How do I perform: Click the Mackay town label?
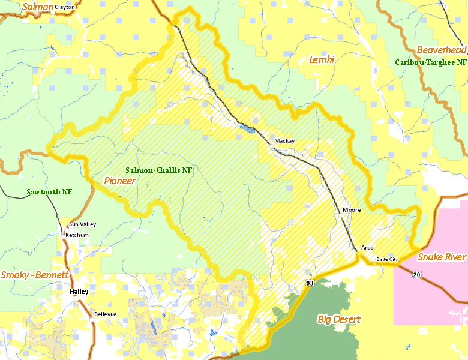(x=284, y=141)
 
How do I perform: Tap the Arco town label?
(x=367, y=248)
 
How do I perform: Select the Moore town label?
(x=352, y=211)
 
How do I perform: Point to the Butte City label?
(x=386, y=259)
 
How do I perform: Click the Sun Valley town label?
(x=82, y=224)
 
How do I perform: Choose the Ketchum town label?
(x=77, y=235)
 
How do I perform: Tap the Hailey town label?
(x=79, y=292)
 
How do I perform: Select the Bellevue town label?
(x=105, y=314)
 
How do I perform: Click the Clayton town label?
(x=65, y=7)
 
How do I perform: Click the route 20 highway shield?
(x=416, y=274)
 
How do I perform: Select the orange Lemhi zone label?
(x=321, y=59)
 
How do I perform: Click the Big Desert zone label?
(x=338, y=319)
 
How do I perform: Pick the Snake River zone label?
(x=442, y=257)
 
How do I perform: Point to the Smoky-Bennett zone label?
(x=35, y=275)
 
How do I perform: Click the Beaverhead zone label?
(x=441, y=50)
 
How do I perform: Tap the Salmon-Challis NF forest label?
(x=159, y=170)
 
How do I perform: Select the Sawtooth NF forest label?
(x=49, y=192)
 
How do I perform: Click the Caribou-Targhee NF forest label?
(x=431, y=62)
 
